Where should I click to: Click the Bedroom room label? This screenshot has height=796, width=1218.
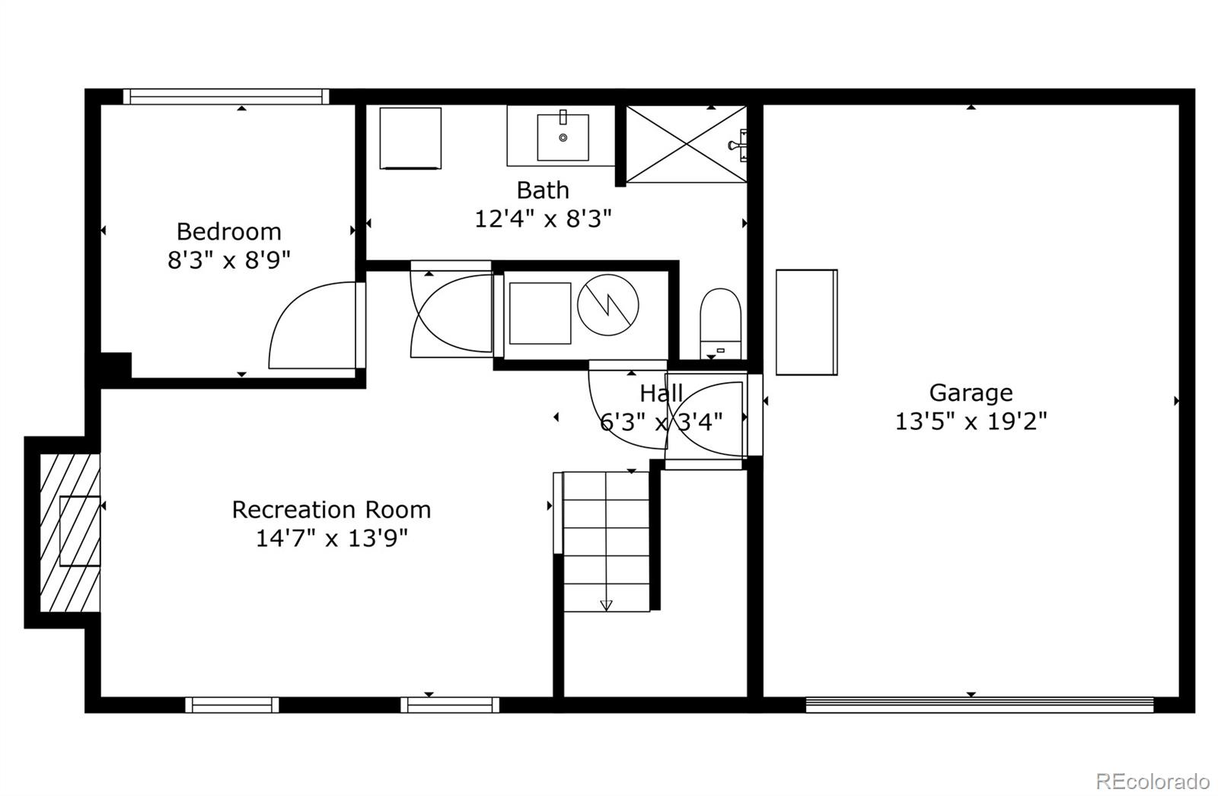pos(228,231)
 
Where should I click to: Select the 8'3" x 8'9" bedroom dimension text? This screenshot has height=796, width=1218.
pos(228,261)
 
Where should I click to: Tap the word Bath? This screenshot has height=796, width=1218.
pos(542,189)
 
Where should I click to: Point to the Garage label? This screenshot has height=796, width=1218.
pos(971,393)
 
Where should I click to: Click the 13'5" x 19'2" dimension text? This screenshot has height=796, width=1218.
pos(971,421)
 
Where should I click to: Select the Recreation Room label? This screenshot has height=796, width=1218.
pos(331,509)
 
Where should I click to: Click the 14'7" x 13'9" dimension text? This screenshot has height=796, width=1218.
pos(331,538)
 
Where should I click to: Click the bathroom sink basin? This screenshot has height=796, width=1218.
pos(563,137)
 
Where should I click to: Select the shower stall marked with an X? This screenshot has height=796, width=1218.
pos(685,145)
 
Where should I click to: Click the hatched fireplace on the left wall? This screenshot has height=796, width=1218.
pos(69,532)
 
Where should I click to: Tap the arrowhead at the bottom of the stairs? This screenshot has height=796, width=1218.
pos(606,606)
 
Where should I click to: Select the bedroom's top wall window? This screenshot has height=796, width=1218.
pos(226,97)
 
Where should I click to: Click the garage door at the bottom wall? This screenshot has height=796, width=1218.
pos(979,705)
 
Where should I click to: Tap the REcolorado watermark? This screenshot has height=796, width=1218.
pos(1152,781)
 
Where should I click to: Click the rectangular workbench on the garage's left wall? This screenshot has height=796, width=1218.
pos(806,322)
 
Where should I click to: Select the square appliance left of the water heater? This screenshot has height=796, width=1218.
pos(540,313)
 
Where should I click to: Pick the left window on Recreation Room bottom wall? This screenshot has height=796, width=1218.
pos(232,705)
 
